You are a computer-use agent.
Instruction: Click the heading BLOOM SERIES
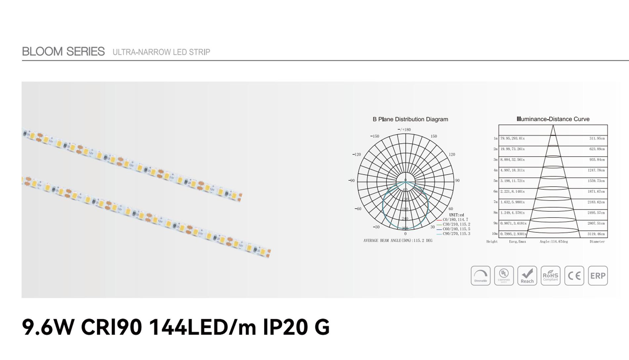(63, 52)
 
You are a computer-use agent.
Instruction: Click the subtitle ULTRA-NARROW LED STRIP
(161, 52)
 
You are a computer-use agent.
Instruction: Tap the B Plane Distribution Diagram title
(410, 119)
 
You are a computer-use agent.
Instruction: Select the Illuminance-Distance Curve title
(553, 119)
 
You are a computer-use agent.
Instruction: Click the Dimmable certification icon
(480, 276)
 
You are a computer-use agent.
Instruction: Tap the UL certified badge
(504, 276)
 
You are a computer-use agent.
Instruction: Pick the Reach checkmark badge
(527, 276)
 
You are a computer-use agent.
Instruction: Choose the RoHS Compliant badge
(550, 276)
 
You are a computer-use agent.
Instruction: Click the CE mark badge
(574, 276)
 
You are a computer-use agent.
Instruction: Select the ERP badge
(598, 276)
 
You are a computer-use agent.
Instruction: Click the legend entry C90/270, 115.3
(456, 234)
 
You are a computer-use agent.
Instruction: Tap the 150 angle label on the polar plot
(434, 136)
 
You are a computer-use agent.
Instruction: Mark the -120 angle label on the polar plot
(356, 155)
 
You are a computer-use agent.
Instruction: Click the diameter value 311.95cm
(597, 138)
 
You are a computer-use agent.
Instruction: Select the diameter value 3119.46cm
(596, 234)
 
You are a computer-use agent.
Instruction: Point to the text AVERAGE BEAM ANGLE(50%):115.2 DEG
(398, 240)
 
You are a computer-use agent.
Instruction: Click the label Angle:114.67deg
(553, 242)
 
